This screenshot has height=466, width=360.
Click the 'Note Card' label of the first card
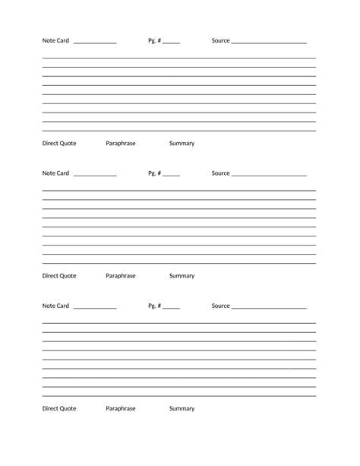point(55,40)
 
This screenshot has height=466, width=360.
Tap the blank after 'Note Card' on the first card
point(96,42)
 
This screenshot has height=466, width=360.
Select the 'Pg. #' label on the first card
point(154,40)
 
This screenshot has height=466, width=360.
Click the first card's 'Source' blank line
point(269,42)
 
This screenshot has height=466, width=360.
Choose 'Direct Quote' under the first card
point(59,143)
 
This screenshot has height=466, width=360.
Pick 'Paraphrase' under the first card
point(121,143)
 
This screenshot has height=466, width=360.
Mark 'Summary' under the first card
point(182,143)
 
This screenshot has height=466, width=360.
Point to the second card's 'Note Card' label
point(55,173)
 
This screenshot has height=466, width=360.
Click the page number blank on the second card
point(171,175)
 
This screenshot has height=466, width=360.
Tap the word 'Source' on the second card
point(220,173)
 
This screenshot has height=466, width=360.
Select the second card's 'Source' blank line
point(269,175)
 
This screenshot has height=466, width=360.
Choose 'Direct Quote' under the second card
point(59,276)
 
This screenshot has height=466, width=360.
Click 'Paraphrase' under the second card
point(121,276)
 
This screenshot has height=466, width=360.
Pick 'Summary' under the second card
point(182,276)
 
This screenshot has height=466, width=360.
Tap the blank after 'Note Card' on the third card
point(96,307)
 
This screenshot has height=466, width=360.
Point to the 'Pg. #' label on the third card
point(154,306)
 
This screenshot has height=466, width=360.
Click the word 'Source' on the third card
point(220,306)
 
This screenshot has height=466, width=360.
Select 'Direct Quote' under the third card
point(59,408)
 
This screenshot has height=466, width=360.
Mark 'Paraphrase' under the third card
point(121,408)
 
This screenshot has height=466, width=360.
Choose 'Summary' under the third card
point(182,408)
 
